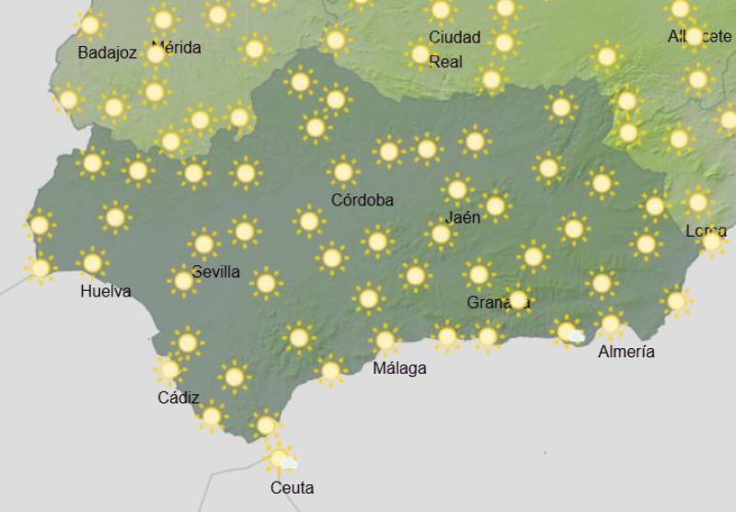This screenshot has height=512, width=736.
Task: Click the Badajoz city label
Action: [x=107, y=52]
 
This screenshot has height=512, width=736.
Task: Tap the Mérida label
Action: [x=176, y=47]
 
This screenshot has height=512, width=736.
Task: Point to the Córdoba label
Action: [x=362, y=200]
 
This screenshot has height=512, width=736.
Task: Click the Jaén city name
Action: [x=462, y=218]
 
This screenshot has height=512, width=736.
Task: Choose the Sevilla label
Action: [x=216, y=272]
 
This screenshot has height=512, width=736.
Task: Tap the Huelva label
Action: [x=106, y=292]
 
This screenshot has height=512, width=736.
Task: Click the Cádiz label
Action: [x=178, y=398]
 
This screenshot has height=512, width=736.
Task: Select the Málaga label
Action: [x=399, y=368]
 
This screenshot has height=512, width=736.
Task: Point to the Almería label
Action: [x=627, y=352]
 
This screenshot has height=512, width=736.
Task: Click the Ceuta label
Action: [x=292, y=488]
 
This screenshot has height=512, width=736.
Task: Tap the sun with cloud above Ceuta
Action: [x=280, y=458]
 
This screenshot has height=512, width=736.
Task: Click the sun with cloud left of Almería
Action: [x=569, y=332]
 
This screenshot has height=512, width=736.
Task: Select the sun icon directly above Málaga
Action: [x=385, y=340]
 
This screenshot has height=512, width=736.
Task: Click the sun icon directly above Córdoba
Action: [x=343, y=171]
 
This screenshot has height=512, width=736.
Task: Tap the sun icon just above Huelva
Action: [x=91, y=262]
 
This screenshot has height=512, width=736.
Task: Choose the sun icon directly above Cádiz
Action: [x=168, y=369]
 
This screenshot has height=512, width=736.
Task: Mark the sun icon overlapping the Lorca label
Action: [x=712, y=242]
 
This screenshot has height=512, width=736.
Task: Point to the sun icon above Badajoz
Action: [x=89, y=25]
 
